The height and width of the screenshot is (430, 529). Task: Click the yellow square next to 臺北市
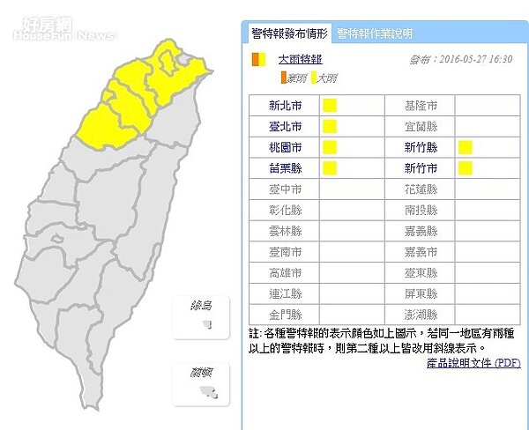(330, 126)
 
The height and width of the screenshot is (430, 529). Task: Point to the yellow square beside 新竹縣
(465, 147)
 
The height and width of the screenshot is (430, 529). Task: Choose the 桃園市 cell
(284, 147)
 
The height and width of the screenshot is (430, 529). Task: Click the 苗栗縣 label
(284, 167)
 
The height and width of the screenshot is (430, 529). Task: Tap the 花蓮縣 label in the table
(421, 189)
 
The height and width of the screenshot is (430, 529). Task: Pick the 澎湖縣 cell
(421, 314)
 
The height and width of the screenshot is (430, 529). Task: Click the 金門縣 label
(284, 314)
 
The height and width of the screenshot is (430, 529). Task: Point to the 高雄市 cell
(284, 272)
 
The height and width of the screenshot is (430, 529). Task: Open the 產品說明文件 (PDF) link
(473, 363)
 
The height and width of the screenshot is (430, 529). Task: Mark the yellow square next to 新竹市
(465, 167)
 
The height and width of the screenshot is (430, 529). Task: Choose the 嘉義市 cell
(421, 251)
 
